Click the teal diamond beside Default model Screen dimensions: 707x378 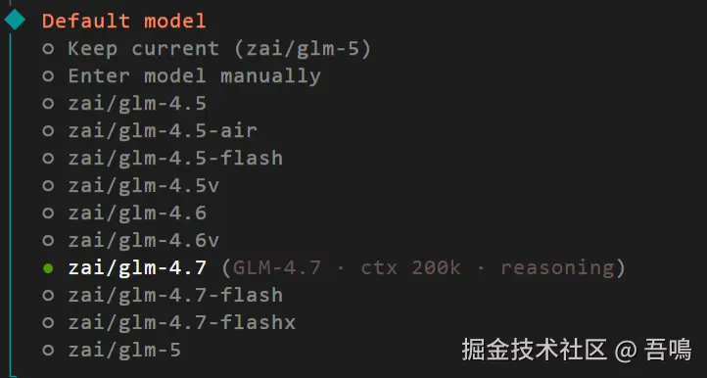click(x=15, y=20)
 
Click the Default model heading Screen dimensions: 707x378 click(x=124, y=21)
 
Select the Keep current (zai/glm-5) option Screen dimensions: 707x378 click(x=219, y=48)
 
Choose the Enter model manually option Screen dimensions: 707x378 click(x=194, y=75)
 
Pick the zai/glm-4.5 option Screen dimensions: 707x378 click(x=137, y=103)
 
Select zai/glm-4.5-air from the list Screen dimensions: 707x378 click(x=163, y=131)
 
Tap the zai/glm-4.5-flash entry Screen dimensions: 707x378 click(x=175, y=159)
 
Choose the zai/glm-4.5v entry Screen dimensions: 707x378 click(x=143, y=185)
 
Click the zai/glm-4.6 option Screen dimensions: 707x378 click(x=137, y=213)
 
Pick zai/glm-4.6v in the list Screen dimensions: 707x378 click(x=143, y=241)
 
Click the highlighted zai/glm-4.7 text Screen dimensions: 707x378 click(x=137, y=268)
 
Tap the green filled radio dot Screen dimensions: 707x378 click(x=48, y=268)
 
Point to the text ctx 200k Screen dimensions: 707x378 click(x=410, y=268)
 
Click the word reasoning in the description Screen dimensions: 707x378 click(x=557, y=269)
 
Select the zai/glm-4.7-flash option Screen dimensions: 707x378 click(x=175, y=296)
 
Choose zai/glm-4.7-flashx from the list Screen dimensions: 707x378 click(x=182, y=322)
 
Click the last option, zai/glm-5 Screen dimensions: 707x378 click(x=124, y=350)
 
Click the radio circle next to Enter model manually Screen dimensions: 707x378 click(x=48, y=76)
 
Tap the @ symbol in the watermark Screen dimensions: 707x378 click(x=626, y=351)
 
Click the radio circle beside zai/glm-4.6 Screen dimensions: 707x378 click(x=48, y=213)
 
